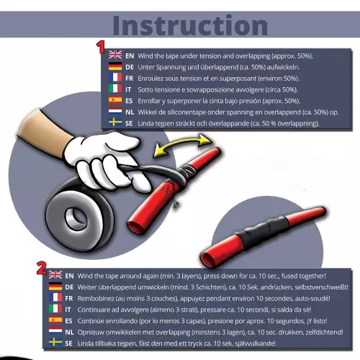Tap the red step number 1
point(102,48)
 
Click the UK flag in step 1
point(115,55)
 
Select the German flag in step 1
point(115,66)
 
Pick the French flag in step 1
point(115,78)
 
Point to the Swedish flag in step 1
point(115,123)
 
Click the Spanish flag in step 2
point(55,321)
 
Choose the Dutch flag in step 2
point(55,332)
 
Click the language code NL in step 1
point(130,112)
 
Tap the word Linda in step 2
point(88,343)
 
